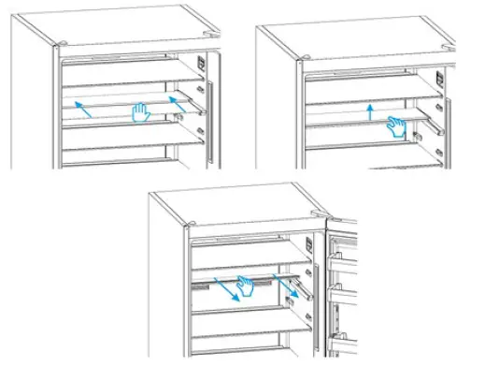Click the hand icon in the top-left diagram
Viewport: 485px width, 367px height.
click(139, 114)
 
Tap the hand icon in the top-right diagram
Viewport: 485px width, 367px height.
click(399, 126)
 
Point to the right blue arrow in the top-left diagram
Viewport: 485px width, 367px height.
click(173, 99)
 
